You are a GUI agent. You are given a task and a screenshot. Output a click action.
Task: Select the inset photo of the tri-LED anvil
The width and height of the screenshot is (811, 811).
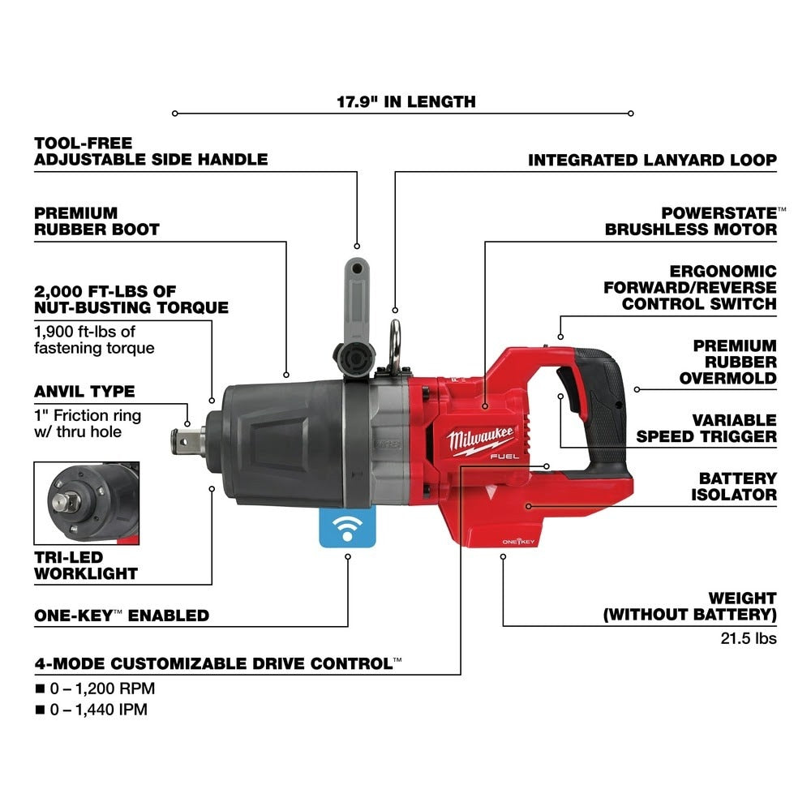(87, 503)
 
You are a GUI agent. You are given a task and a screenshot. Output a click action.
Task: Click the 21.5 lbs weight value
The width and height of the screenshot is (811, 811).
(748, 638)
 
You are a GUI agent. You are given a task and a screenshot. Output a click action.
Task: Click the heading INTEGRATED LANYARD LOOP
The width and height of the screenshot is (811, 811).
(652, 161)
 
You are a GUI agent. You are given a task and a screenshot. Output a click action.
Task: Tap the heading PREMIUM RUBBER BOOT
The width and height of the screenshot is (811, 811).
(97, 221)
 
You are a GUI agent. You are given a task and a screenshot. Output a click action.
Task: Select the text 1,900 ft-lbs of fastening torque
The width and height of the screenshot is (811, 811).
(94, 340)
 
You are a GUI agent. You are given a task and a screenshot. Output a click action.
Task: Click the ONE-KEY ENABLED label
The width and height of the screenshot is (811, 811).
(122, 616)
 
